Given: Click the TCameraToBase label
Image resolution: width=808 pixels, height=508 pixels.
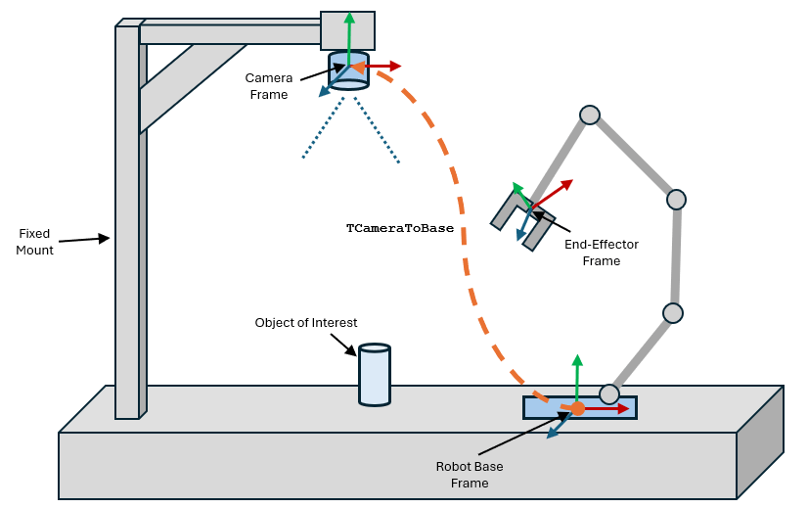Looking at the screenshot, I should pyautogui.click(x=399, y=228).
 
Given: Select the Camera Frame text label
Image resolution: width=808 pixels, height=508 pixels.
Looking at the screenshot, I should pyautogui.click(x=268, y=86).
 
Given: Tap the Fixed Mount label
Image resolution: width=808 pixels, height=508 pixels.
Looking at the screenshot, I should pyautogui.click(x=34, y=242).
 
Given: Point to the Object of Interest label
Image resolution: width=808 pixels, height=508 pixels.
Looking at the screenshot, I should pyautogui.click(x=306, y=323).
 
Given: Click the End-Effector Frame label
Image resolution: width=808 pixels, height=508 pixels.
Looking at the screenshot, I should pyautogui.click(x=601, y=253).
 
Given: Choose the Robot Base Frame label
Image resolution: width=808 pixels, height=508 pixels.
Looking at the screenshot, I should pyautogui.click(x=469, y=475).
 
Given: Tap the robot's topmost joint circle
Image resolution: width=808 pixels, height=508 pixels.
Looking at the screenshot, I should pyautogui.click(x=589, y=115).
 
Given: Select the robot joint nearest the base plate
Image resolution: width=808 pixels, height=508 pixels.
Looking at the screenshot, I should pyautogui.click(x=609, y=394).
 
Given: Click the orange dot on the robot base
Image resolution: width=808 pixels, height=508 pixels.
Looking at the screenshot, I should pyautogui.click(x=577, y=408).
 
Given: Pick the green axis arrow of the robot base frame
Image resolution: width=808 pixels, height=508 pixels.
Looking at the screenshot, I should pyautogui.click(x=577, y=377).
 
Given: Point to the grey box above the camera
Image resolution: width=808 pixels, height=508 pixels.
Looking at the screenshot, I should pyautogui.click(x=347, y=29).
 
